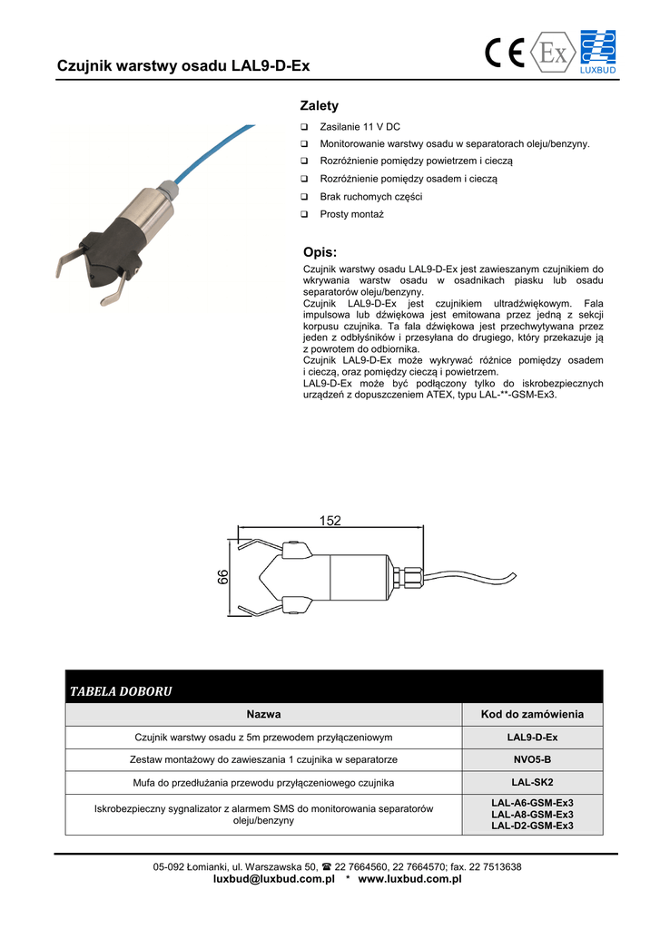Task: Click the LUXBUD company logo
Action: point(597,52)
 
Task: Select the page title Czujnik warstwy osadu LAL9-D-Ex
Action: point(183,66)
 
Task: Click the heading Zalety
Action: point(319,106)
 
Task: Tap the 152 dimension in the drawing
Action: point(330,521)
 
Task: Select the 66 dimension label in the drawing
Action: point(223,577)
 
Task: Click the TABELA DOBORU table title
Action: point(121,692)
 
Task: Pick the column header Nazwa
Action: point(263,715)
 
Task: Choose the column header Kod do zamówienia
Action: point(532,715)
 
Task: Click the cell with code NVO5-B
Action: point(532,758)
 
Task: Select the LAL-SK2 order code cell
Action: point(532,782)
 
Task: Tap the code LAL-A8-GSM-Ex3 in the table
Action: point(532,815)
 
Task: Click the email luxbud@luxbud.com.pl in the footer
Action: point(274,879)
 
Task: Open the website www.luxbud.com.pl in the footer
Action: point(410,879)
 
